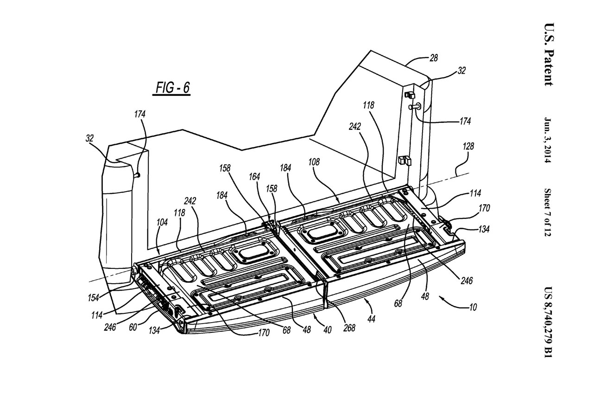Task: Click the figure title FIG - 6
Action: pyautogui.click(x=171, y=88)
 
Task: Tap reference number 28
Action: pyautogui.click(x=434, y=58)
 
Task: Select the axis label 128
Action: pyautogui.click(x=468, y=146)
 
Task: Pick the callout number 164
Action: pyautogui.click(x=254, y=176)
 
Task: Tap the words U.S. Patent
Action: pyautogui.click(x=549, y=54)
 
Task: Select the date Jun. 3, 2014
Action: pyautogui.click(x=549, y=139)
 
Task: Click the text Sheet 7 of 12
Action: pyautogui.click(x=549, y=212)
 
